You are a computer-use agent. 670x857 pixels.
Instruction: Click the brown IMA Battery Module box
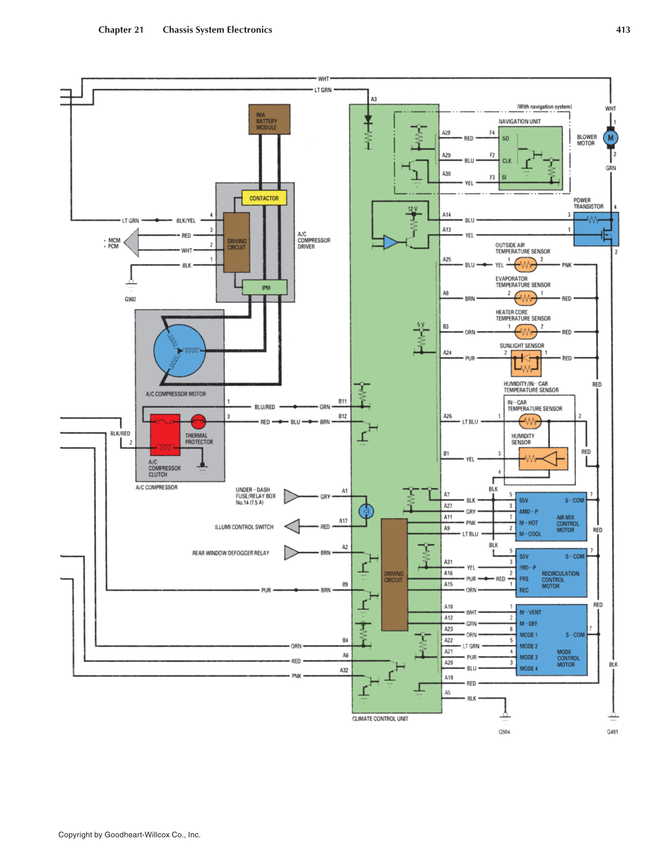click(269, 119)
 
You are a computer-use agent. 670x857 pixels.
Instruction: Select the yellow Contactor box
click(264, 198)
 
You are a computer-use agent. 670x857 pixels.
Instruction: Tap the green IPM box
click(265, 287)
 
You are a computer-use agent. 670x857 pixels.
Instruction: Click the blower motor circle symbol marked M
click(610, 138)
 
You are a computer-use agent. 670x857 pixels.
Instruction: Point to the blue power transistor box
click(596, 228)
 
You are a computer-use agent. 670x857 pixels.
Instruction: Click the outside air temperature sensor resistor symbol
click(525, 265)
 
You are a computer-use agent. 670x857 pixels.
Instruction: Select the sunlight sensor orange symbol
click(526, 363)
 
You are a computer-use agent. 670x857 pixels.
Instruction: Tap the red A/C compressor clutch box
click(165, 434)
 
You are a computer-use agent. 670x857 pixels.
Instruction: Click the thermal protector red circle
click(198, 421)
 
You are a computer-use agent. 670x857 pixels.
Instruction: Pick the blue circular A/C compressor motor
click(180, 351)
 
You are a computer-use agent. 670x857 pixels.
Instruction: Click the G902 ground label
click(130, 300)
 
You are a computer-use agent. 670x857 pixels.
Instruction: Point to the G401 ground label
click(612, 732)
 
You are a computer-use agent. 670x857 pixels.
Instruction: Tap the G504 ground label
click(504, 732)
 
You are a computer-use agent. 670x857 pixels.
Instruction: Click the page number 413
click(623, 30)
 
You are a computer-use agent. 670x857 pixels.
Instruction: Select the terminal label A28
click(446, 133)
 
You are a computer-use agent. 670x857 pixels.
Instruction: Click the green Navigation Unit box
click(530, 158)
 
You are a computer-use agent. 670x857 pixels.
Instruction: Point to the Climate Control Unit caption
click(380, 719)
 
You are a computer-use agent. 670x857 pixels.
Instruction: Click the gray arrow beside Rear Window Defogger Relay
click(292, 553)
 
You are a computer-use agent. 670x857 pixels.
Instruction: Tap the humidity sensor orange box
click(542, 460)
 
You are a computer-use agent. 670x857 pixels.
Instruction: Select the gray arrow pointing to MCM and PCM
click(132, 243)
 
